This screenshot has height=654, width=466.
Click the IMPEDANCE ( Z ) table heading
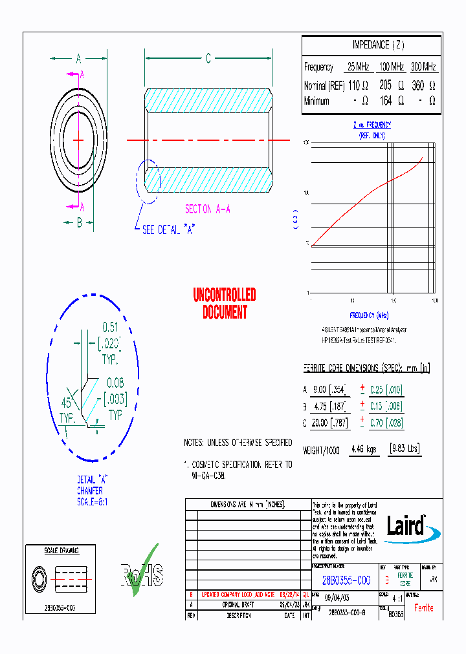coord(378,45)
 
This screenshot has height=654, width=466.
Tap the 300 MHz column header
coord(423,67)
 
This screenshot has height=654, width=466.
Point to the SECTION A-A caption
coord(208,209)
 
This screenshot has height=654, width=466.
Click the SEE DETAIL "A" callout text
coord(168,229)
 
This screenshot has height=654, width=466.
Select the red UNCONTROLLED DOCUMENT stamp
coord(225,304)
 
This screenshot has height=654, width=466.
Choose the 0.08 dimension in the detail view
coord(115,384)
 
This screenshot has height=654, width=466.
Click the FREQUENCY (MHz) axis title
coord(369,315)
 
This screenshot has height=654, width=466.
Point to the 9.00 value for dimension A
coord(319,390)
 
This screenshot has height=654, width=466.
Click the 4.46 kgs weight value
coord(364,449)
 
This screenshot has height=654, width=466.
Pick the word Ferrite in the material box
coord(424,607)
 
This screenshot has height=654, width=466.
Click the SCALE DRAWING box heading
coord(61,551)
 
